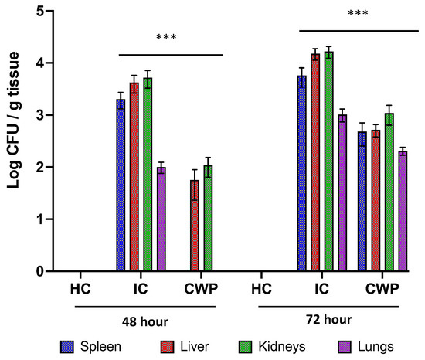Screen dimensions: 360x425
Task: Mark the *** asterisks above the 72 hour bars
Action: [x=358, y=13]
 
